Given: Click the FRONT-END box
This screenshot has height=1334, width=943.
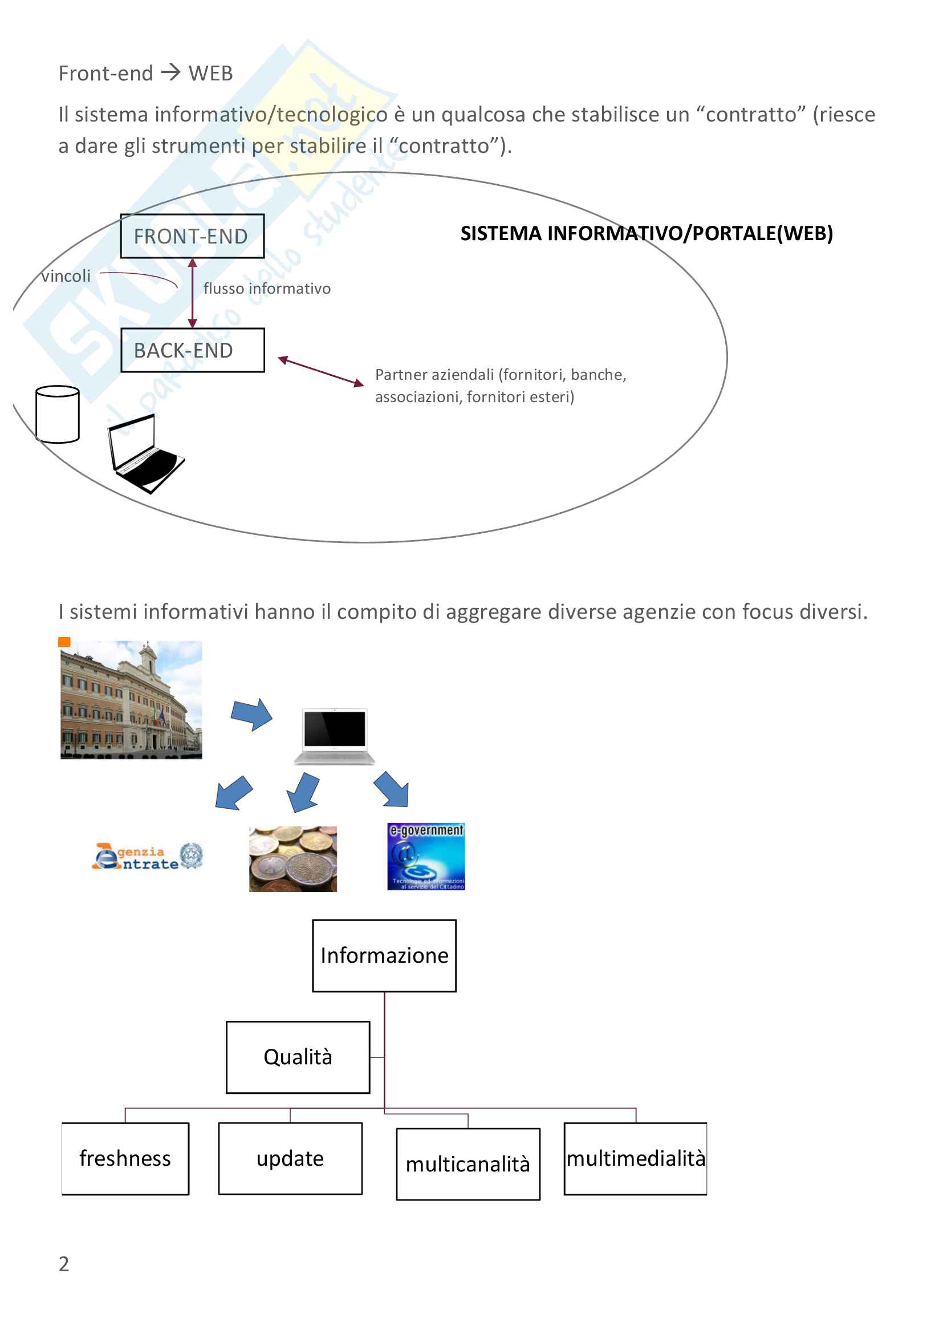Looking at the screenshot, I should tap(192, 236).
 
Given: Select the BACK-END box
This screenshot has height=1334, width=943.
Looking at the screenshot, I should tap(192, 350).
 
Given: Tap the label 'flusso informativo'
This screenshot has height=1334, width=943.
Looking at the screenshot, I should tap(267, 289).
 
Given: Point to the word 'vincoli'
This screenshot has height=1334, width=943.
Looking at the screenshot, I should tap(66, 276).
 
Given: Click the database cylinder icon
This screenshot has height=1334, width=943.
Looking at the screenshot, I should tap(58, 414).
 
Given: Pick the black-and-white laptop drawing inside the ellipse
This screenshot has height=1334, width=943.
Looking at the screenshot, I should tap(145, 453).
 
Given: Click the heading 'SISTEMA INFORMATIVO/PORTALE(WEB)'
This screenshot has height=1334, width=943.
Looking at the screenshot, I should tap(647, 234).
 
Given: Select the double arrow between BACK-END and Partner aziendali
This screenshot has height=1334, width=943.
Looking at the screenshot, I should tap(321, 372).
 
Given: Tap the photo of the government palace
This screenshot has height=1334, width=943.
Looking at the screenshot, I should tap(131, 700).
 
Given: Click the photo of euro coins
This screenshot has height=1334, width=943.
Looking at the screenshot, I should tap(292, 859).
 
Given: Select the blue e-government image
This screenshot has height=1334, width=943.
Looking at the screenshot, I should tap(426, 857).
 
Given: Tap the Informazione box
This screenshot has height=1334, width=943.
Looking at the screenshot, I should tap(384, 955).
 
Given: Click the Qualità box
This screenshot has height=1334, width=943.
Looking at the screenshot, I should tap(298, 1057).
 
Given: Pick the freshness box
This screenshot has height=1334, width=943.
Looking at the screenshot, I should tap(125, 1158).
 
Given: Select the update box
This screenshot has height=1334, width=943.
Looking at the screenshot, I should tap(290, 1158).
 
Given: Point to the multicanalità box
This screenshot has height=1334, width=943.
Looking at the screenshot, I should tap(468, 1165).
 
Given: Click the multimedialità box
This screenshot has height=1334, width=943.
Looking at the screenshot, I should tap(635, 1158).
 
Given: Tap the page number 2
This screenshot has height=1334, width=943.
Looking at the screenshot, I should tap(64, 1264).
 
